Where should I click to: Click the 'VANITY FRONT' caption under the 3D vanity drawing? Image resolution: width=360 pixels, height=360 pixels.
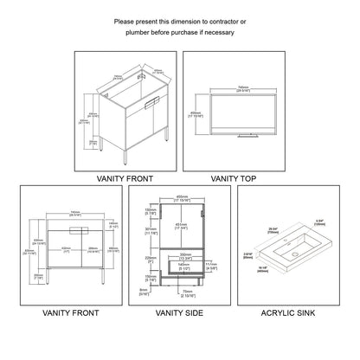click(x=126, y=178)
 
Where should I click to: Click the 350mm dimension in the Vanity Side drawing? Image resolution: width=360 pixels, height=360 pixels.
click(x=184, y=254)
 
